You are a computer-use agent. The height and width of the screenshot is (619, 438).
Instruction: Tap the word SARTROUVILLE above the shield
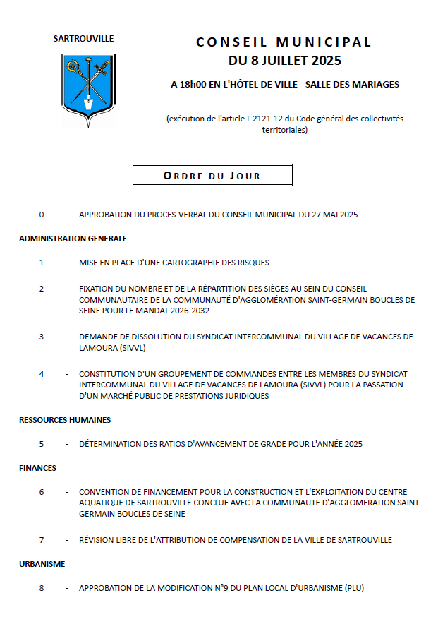click(83, 39)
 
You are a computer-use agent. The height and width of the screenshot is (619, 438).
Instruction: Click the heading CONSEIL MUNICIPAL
click(284, 42)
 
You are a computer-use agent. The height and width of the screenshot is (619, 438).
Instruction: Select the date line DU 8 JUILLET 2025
click(284, 59)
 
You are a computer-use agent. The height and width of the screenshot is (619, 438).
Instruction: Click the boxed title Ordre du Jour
click(212, 176)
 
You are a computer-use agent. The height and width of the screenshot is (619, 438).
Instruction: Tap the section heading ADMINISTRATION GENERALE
click(73, 239)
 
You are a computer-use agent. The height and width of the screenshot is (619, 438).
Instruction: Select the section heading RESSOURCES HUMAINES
click(65, 420)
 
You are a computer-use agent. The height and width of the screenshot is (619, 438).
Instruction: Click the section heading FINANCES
click(37, 468)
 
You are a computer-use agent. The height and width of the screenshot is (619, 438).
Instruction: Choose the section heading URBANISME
click(42, 564)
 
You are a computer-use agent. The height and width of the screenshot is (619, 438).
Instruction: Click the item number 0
click(42, 215)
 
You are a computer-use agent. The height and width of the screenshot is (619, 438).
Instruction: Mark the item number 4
click(42, 373)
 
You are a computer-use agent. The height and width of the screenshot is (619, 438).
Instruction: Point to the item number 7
click(42, 540)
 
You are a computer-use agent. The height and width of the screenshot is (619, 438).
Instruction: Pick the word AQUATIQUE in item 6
click(100, 503)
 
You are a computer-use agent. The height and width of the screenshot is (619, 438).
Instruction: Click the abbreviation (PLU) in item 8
click(354, 588)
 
